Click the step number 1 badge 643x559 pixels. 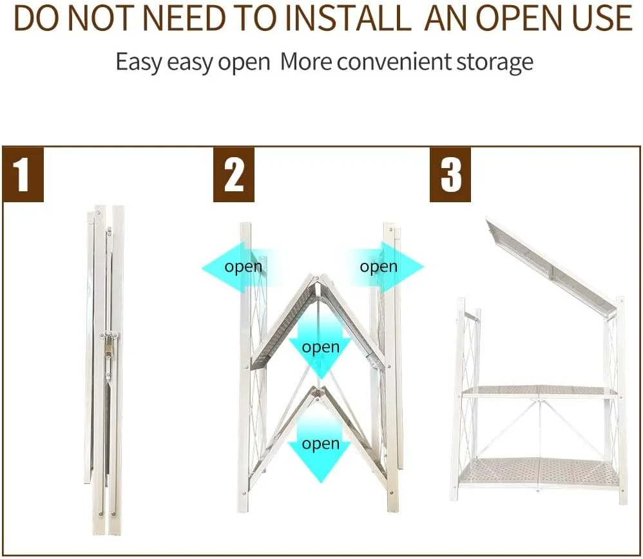tap(23, 175)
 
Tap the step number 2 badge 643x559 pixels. tap(234, 175)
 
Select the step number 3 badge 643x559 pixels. tap(450, 175)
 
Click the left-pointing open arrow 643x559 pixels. tap(238, 267)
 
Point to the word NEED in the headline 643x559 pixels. tap(185, 19)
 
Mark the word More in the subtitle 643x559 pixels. tap(306, 62)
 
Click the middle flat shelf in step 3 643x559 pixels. tap(540, 392)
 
